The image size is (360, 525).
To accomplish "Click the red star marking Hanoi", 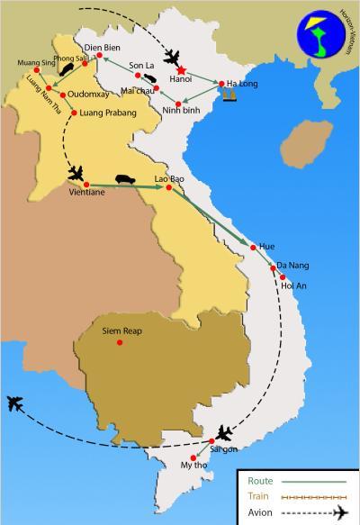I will click(182, 71).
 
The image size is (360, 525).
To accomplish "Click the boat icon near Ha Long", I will click(229, 93).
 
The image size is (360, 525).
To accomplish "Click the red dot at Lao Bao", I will click(168, 187).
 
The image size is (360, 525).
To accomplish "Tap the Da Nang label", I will click(293, 265).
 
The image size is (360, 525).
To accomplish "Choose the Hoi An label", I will click(293, 285).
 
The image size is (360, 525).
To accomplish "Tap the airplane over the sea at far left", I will click(15, 403).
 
